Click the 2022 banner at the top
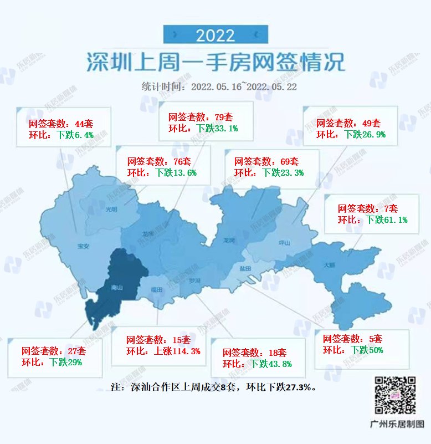coord(215,35)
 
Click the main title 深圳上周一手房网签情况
coord(215,62)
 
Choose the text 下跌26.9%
coord(365,134)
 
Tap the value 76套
coord(180,162)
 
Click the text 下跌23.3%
coord(283,172)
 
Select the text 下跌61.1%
coord(387,220)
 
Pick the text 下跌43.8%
coord(270,364)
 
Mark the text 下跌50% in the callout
coord(367,350)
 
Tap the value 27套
coord(74,351)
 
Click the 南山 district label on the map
coord(117,288)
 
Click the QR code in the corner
coord(396,395)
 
